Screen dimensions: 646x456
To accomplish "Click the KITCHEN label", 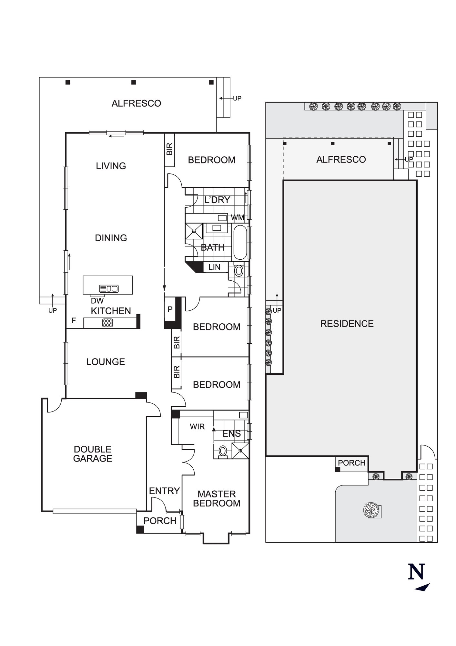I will [x=111, y=311].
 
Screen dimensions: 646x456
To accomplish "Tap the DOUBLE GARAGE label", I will [x=93, y=453].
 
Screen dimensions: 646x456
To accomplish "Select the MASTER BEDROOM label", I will [x=217, y=498].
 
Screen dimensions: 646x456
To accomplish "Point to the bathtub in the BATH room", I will [x=240, y=242].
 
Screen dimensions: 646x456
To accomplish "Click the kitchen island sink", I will [x=109, y=288].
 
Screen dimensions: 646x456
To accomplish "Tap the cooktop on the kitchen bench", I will [x=107, y=323].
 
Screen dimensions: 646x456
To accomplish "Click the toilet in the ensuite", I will [x=223, y=451].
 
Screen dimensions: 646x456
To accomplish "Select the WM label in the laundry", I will [x=237, y=218].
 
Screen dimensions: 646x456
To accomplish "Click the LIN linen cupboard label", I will [x=214, y=267].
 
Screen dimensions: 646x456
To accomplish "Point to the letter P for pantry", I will [x=170, y=309].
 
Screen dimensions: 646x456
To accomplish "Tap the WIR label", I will [x=197, y=426].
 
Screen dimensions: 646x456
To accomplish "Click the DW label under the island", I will [x=97, y=301].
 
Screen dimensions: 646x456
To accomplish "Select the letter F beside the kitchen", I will [x=74, y=320].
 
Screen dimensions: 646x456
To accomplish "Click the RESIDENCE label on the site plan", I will [x=347, y=324].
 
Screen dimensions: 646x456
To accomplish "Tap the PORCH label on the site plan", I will [x=351, y=463].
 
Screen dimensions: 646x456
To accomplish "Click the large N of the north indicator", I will [x=416, y=572].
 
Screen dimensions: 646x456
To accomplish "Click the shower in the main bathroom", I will [x=194, y=231].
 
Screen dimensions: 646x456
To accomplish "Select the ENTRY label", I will [x=164, y=491].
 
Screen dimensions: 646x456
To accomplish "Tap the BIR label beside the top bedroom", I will [x=169, y=149].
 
